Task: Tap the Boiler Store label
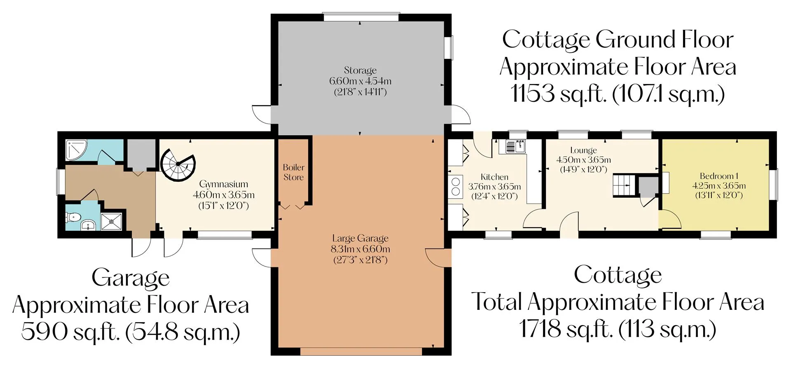pyautogui.click(x=293, y=172)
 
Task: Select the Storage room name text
pyautogui.click(x=360, y=70)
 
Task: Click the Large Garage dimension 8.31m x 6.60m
pyautogui.click(x=360, y=249)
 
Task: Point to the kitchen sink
pyautogui.click(x=515, y=146)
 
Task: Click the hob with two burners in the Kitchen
pyautogui.click(x=455, y=186)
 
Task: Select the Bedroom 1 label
pyautogui.click(x=719, y=176)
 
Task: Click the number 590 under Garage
pyautogui.click(x=44, y=331)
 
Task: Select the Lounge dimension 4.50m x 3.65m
pyautogui.click(x=583, y=160)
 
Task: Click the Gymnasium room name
pyautogui.click(x=224, y=184)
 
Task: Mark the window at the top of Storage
pyautogui.click(x=361, y=17)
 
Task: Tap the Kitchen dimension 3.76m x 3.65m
pyautogui.click(x=494, y=187)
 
